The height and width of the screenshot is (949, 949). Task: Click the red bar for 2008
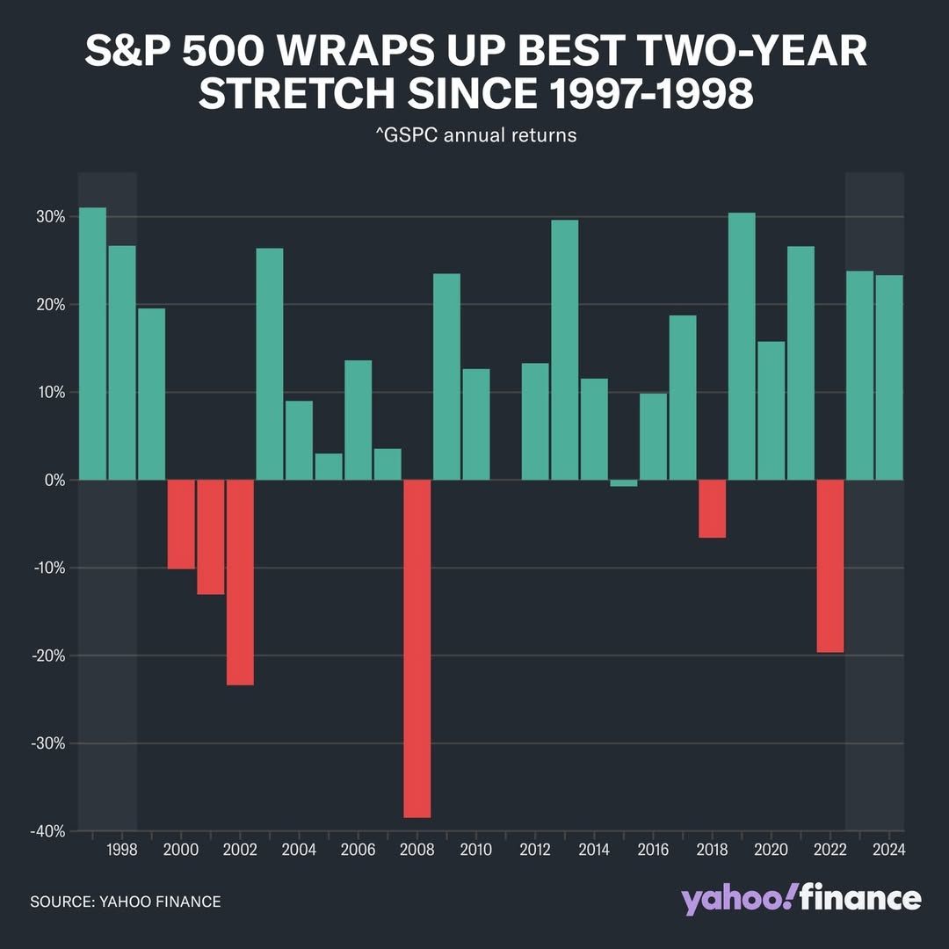[x=417, y=648]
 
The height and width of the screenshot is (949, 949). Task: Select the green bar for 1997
[x=92, y=344]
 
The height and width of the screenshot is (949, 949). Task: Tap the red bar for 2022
[x=829, y=566]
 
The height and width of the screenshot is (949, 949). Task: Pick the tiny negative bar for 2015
[x=623, y=483]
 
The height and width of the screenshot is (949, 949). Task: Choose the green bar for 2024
[x=888, y=378]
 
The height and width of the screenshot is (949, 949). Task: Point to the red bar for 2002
[x=240, y=582]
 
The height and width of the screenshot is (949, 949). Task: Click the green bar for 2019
[x=742, y=346]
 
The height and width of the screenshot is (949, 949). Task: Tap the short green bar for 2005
[x=329, y=467]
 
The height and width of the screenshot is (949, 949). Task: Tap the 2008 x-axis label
[x=417, y=851]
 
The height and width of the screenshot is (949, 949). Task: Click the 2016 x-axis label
[x=653, y=851]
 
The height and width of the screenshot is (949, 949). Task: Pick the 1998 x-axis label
[x=121, y=851]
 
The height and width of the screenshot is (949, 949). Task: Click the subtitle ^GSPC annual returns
[x=475, y=135]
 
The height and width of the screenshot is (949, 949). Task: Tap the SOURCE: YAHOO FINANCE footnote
[x=126, y=902]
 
